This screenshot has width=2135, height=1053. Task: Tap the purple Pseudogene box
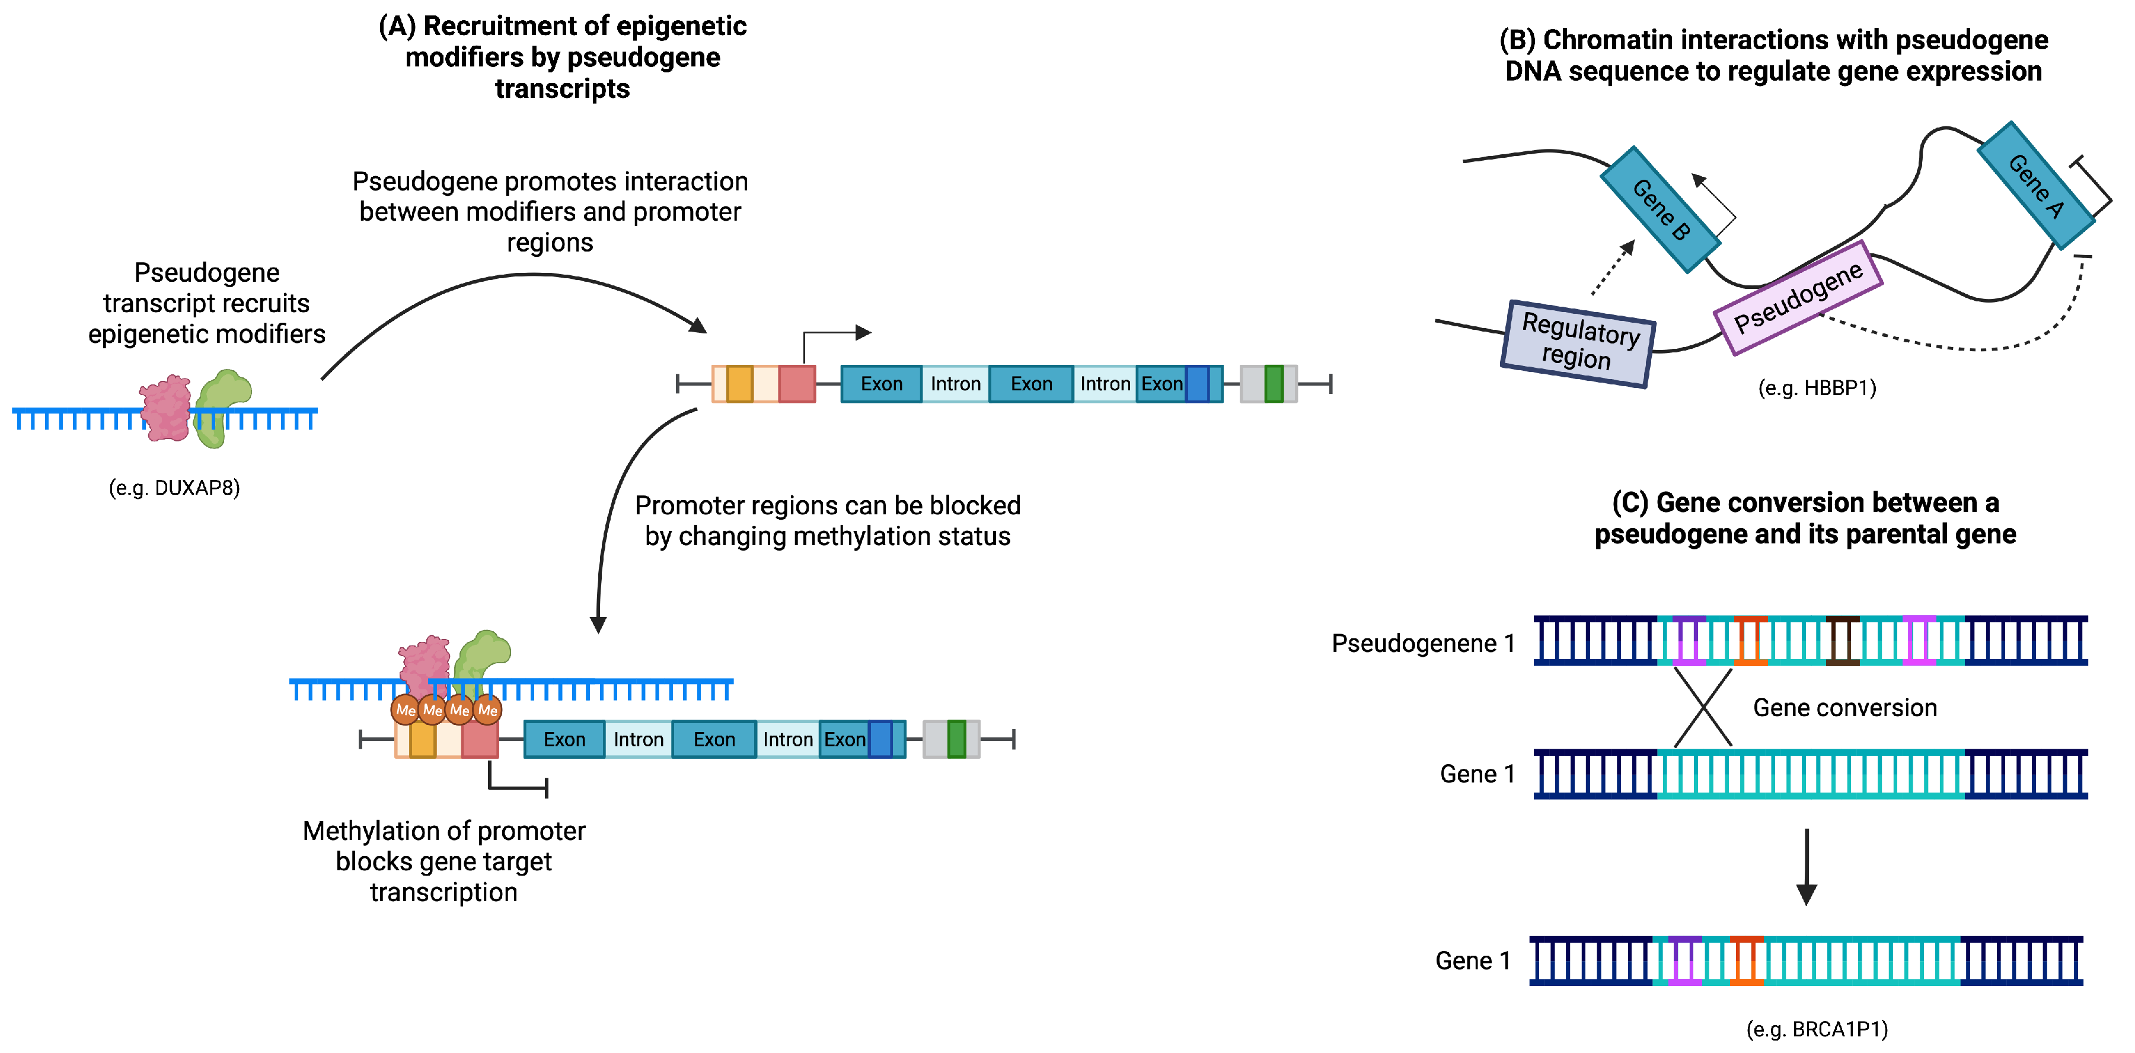point(1798,297)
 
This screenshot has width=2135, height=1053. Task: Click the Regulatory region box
point(1578,342)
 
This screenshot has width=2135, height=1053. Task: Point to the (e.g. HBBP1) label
point(1817,388)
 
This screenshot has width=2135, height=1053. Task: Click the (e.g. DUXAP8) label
point(174,488)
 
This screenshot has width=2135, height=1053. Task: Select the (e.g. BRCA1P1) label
point(1817,1029)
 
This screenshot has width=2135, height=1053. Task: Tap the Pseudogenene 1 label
point(1422,644)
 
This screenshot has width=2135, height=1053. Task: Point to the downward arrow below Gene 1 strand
point(1806,867)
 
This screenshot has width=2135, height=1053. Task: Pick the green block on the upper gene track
point(1274,384)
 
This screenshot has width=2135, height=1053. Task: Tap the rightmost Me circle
point(487,710)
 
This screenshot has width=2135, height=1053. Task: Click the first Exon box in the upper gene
point(881,384)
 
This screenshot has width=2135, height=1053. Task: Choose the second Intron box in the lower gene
point(787,740)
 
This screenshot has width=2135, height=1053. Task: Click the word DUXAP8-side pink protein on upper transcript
point(167,408)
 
